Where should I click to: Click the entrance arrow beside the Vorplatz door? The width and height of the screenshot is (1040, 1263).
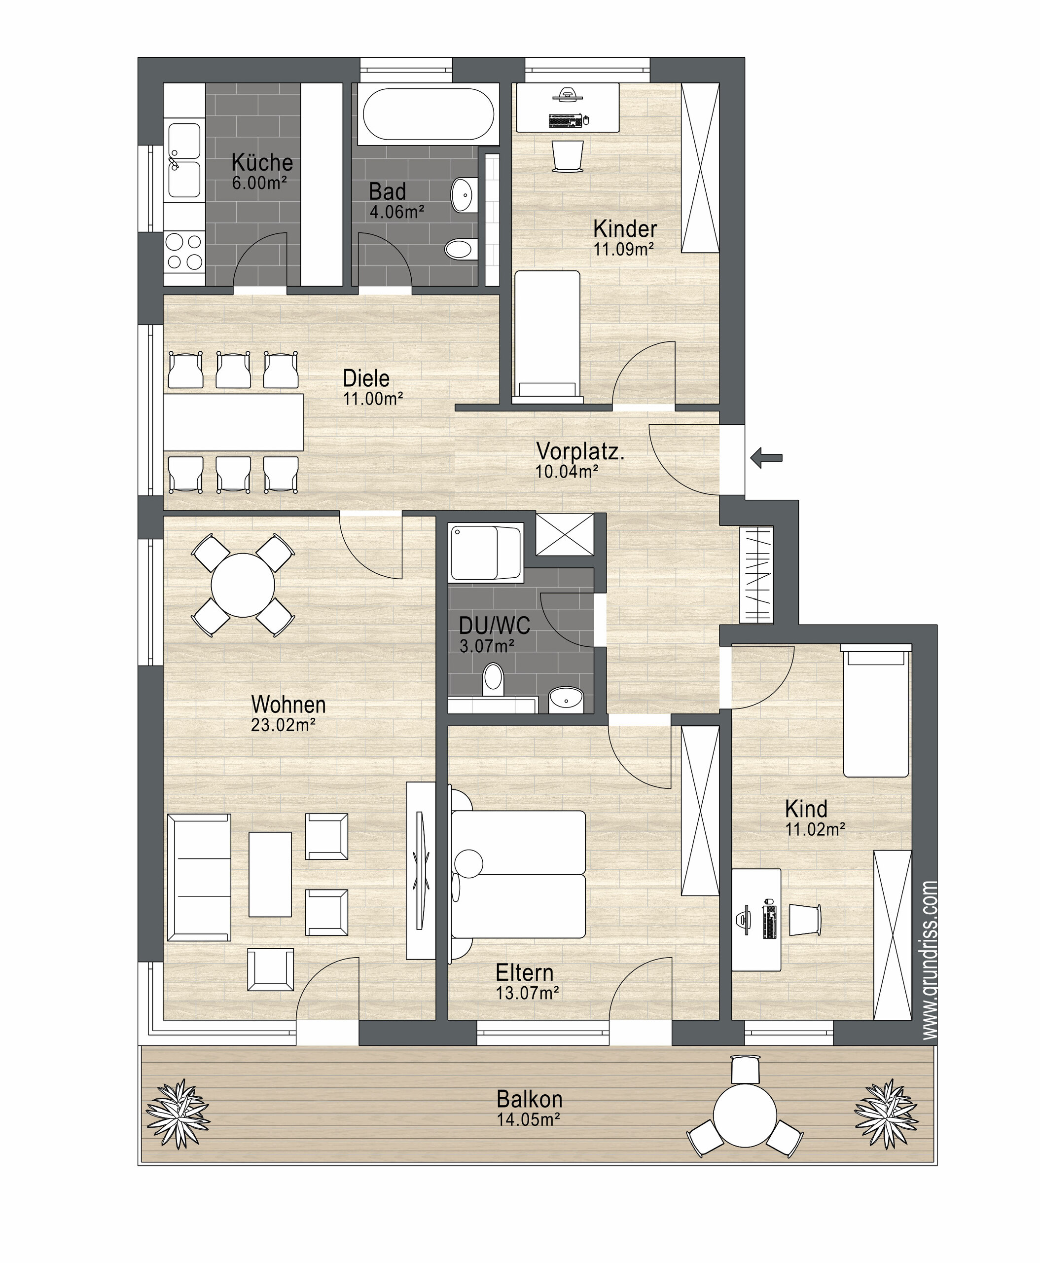click(766, 458)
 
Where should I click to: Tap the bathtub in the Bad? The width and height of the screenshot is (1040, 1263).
click(429, 114)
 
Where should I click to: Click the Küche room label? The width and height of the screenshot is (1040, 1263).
click(262, 162)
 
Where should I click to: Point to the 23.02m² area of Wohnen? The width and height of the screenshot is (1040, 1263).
click(283, 725)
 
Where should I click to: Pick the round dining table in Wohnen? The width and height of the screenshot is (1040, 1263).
click(243, 585)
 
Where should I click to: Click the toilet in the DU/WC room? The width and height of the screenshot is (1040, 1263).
click(493, 678)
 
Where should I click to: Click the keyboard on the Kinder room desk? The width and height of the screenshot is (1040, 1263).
click(565, 120)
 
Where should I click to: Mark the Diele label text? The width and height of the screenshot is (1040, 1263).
click(366, 378)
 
